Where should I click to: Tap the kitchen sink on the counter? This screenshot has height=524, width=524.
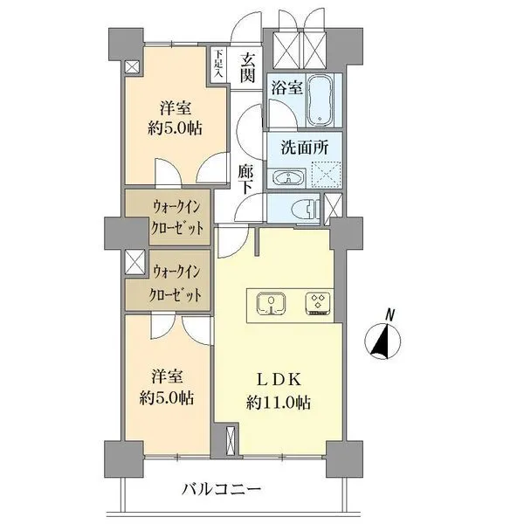click(x=271, y=303)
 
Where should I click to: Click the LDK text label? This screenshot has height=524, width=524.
click(x=279, y=382)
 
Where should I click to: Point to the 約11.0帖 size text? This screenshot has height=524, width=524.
click(x=279, y=403)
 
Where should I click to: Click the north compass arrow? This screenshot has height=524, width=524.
click(x=381, y=341)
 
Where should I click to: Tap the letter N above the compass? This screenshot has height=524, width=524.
click(x=390, y=315)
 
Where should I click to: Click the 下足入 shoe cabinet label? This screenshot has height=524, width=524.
click(x=218, y=64)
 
